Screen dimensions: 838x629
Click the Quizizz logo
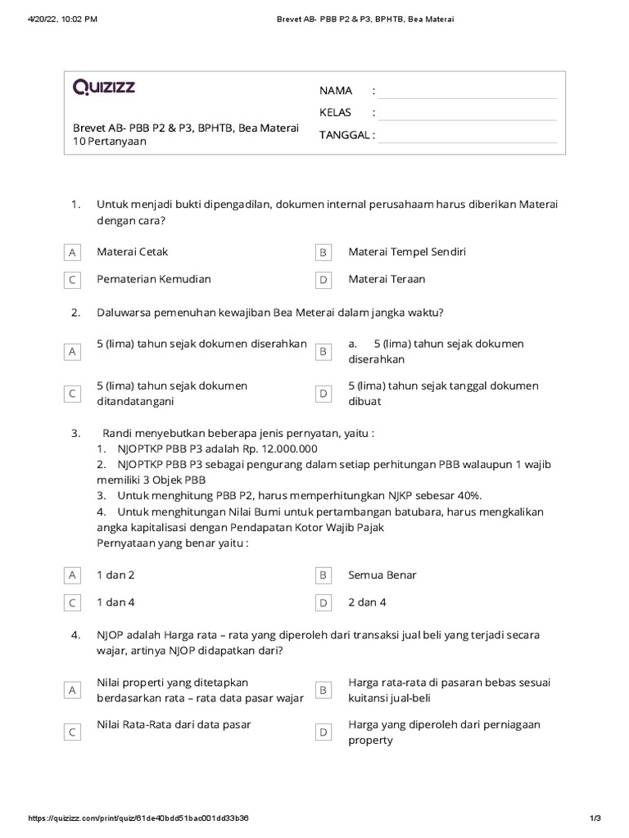104,88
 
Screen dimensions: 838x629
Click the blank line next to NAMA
467,91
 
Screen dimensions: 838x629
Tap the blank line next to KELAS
467,113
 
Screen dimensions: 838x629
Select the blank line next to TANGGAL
467,135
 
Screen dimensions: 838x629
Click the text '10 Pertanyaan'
110,142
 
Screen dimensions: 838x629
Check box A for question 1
73,253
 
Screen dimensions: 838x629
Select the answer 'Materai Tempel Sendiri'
406,252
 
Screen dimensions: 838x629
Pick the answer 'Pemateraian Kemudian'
153,279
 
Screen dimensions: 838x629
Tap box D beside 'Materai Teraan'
324,280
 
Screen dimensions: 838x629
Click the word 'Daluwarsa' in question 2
122,313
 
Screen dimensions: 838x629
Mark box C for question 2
73,394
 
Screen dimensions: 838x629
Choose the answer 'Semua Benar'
382,574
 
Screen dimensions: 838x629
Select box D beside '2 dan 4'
324,603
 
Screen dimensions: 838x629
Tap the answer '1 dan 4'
115,602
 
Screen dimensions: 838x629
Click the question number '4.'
75,635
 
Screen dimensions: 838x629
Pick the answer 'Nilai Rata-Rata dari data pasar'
174,724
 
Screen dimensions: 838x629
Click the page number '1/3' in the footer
595,818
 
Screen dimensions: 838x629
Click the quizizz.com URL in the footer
139,818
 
